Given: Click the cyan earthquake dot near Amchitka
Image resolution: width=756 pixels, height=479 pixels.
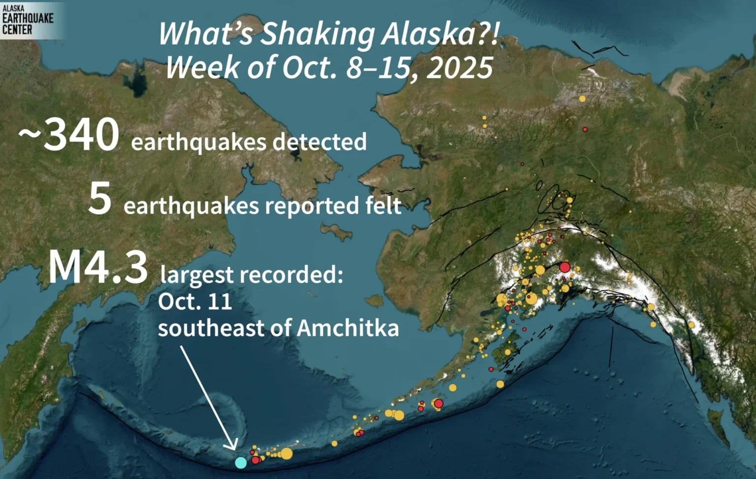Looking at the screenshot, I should point(241,462).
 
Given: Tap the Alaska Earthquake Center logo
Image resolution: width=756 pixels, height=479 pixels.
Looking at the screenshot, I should point(28,20).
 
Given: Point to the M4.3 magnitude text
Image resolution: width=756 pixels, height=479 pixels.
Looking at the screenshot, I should point(98,268).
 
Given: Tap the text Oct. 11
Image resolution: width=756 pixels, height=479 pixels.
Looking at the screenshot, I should point(195,301).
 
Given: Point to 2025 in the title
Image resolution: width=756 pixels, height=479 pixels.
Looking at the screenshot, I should point(460,68).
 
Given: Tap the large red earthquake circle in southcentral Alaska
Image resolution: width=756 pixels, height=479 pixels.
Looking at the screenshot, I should point(565,268).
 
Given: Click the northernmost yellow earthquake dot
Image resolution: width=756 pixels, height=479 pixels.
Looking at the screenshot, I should point(582,99).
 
